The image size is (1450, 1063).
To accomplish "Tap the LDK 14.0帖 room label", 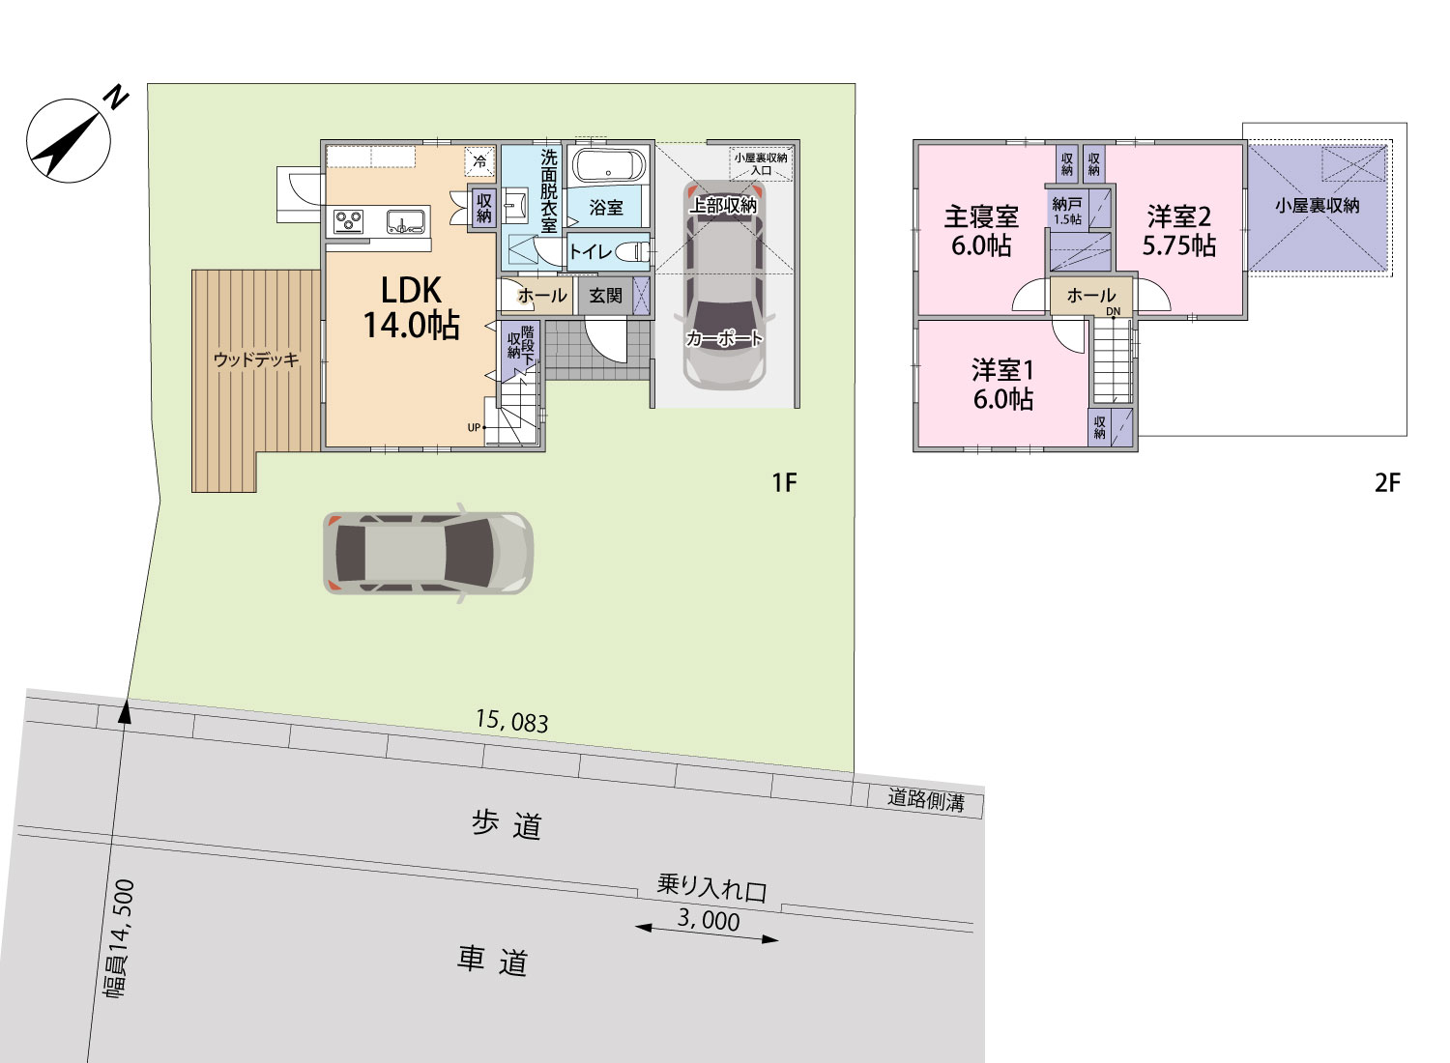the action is [x=411, y=307].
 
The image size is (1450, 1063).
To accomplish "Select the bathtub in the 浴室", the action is [x=608, y=165].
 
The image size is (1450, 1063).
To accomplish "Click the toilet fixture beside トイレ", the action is [x=632, y=251].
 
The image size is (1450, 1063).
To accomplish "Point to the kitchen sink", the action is [x=407, y=222].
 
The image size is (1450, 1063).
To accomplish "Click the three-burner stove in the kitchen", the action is [x=349, y=222].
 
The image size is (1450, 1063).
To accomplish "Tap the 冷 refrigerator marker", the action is [x=479, y=161].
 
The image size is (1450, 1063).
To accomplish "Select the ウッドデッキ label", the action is [x=256, y=359].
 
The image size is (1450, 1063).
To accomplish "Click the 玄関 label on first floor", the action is [x=605, y=296].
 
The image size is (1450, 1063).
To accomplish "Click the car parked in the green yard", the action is [x=428, y=553].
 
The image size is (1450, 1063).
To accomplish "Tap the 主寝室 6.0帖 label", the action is [x=981, y=231].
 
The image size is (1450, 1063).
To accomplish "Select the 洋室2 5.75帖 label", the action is [x=1178, y=231].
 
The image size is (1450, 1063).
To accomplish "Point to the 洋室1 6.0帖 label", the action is [x=1002, y=385].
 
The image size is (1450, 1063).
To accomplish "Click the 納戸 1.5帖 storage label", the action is [x=1067, y=212].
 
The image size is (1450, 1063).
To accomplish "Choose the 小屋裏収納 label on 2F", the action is [x=1318, y=206].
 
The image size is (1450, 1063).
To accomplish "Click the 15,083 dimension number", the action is [x=512, y=721].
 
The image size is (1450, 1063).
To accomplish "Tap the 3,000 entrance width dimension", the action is [x=709, y=920].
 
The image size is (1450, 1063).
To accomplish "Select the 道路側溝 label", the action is [x=926, y=800].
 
